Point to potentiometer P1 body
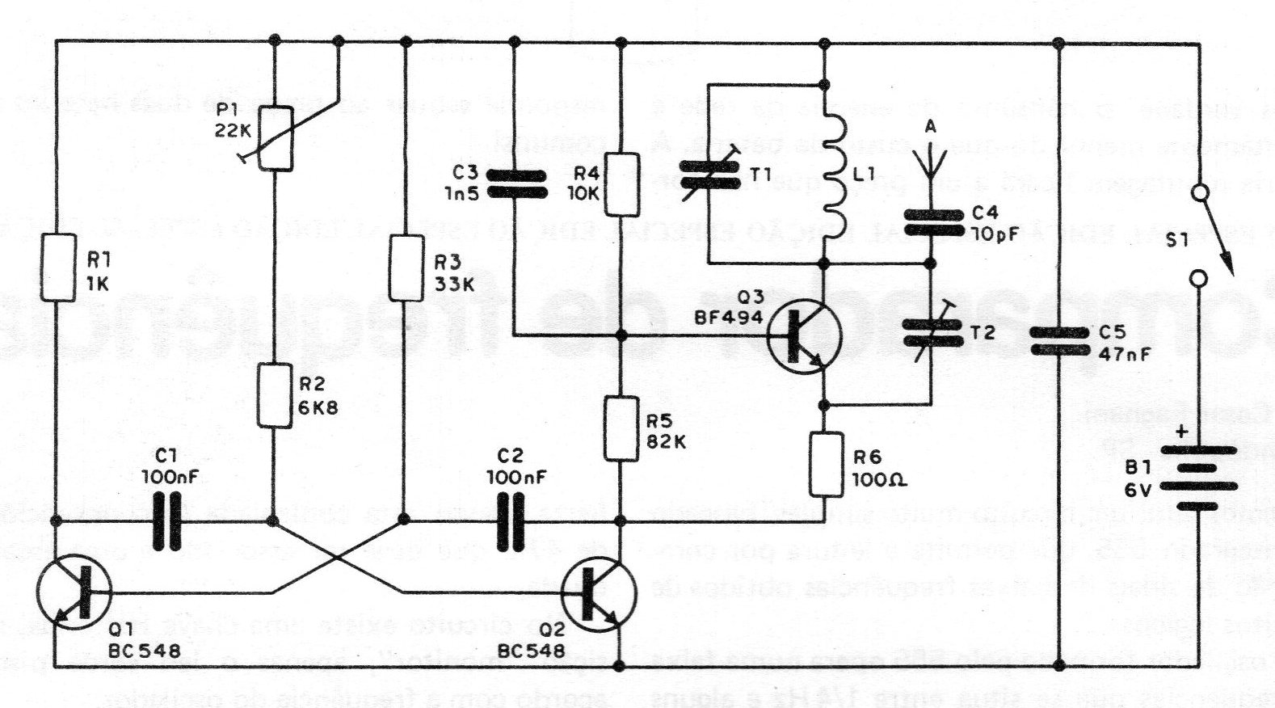276,139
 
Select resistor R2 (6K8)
272,395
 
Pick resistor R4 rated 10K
621,184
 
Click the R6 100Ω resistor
824,465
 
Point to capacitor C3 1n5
515,184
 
